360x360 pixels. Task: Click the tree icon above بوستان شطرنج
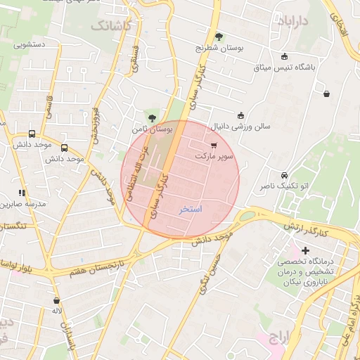(219, 37)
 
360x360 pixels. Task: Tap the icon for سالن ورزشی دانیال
(240, 115)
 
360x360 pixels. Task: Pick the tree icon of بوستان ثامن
(153, 117)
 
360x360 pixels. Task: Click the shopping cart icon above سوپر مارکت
(213, 146)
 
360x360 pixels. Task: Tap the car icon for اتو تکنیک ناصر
(283, 174)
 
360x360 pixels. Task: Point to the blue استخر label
(191, 209)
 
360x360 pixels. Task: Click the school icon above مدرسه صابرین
(22, 193)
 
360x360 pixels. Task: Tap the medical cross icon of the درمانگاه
(305, 250)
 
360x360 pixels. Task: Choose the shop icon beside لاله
(56, 300)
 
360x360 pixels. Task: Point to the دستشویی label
(30, 45)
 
